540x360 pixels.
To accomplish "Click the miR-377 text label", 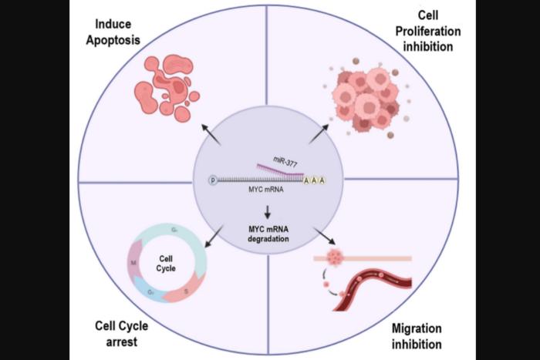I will point(281,159).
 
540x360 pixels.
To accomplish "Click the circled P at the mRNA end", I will point(212,180).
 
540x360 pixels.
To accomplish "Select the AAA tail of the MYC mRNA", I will point(314,180).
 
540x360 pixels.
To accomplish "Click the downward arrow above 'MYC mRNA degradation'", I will point(268,211).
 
